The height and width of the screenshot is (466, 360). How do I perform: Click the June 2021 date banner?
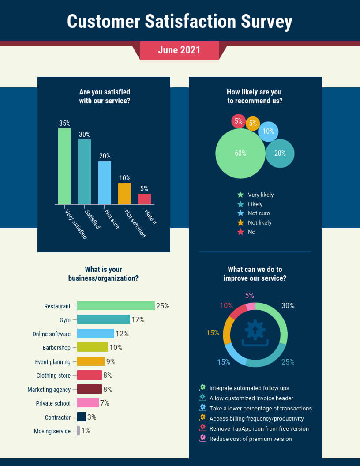(179, 50)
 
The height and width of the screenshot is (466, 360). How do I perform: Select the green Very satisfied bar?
(64, 166)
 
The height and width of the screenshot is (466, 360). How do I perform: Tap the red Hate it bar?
(144, 199)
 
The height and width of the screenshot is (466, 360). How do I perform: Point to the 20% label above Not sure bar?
(105, 156)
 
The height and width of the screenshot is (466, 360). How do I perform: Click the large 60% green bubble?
(240, 154)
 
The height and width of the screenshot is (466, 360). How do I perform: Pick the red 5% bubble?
(238, 121)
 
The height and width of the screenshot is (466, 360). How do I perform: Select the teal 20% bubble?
(280, 154)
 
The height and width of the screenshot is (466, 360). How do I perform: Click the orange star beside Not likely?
(240, 222)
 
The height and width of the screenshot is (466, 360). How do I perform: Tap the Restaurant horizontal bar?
(116, 306)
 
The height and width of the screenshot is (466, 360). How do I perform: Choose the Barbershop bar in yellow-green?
(92, 347)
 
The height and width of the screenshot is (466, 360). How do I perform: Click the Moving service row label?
(52, 431)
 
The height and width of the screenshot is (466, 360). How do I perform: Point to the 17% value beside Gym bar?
(138, 319)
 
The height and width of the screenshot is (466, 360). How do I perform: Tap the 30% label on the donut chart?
(288, 305)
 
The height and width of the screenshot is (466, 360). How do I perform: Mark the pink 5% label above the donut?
(249, 296)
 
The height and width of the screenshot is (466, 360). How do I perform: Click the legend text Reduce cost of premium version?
(251, 439)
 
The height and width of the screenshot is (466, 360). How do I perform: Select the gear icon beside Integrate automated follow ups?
(203, 388)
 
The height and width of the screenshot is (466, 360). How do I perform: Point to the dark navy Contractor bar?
(82, 417)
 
